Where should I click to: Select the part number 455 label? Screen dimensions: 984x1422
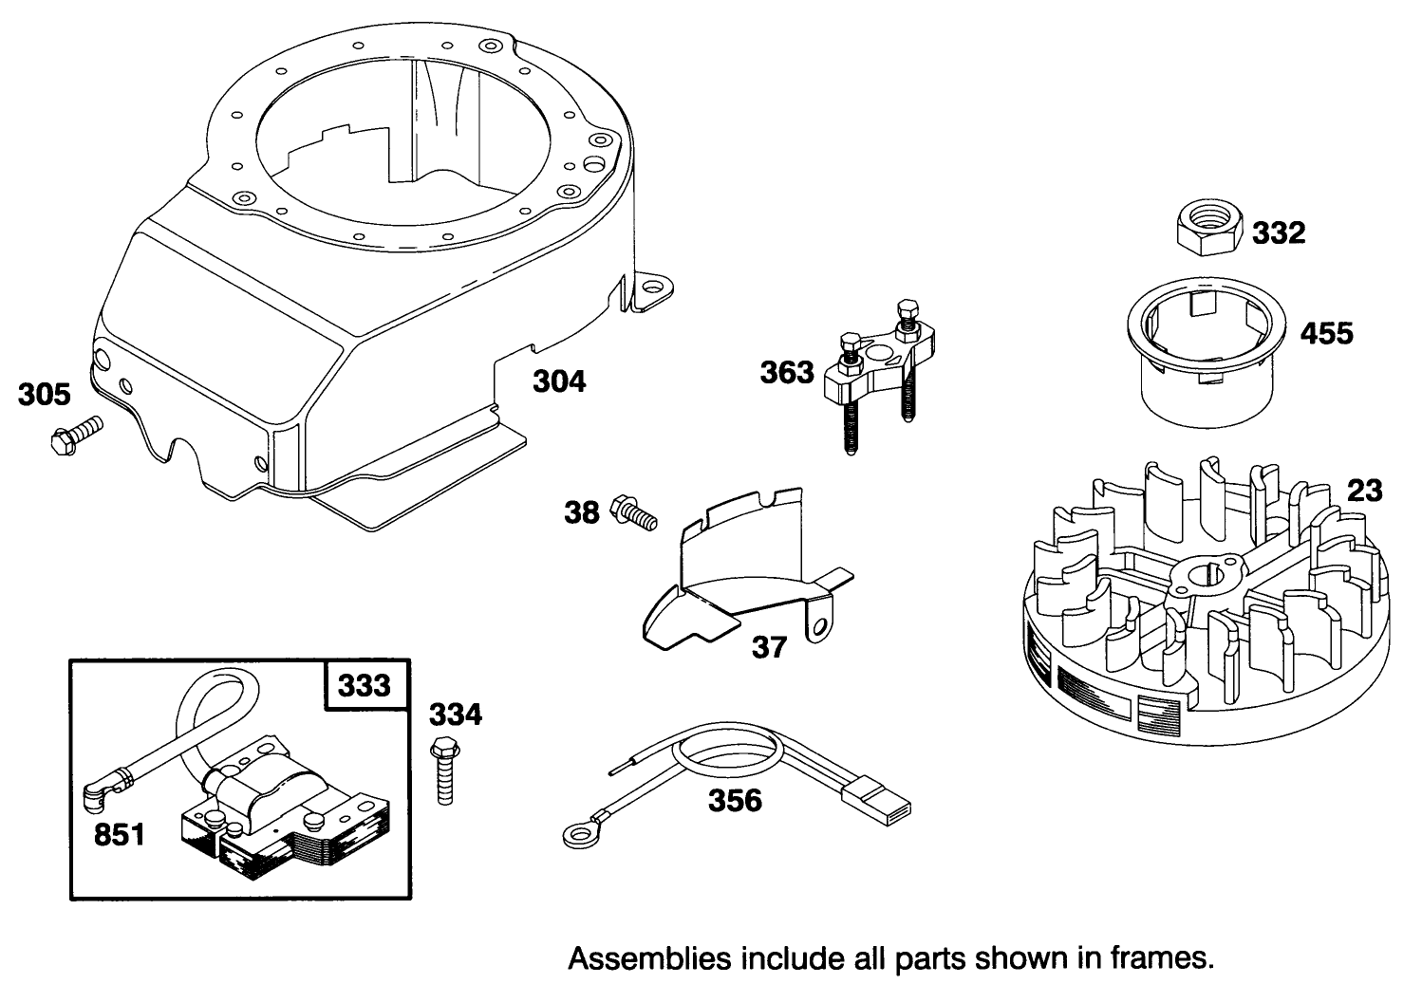[x=1326, y=333]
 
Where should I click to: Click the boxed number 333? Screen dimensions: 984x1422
[x=364, y=683]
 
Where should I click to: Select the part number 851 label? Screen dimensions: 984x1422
[x=119, y=834]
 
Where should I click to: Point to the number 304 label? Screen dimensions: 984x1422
[x=558, y=381]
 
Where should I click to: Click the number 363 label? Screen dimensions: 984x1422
[x=787, y=372]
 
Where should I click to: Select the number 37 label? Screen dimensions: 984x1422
[x=769, y=647]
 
